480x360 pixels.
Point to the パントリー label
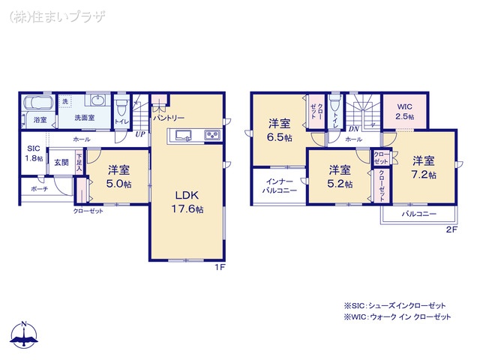[169, 118]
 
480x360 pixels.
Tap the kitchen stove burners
[211, 135]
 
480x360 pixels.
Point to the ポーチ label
[39, 189]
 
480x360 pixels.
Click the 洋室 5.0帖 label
[119, 176]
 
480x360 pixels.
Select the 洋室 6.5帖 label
[280, 130]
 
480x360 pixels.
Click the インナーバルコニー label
[279, 186]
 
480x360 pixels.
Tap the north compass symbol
[25, 337]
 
